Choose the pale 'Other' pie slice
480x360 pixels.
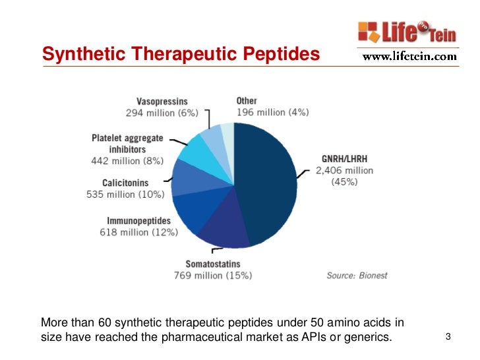[227, 132]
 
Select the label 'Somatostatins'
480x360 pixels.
[212, 264]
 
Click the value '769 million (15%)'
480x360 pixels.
[212, 275]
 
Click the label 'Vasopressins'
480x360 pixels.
[162, 102]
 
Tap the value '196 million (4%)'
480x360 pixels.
[272, 112]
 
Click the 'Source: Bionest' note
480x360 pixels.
[357, 275]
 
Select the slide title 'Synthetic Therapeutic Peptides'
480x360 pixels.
[181, 53]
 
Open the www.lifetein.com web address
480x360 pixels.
[409, 57]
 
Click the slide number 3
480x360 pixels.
[448, 338]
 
